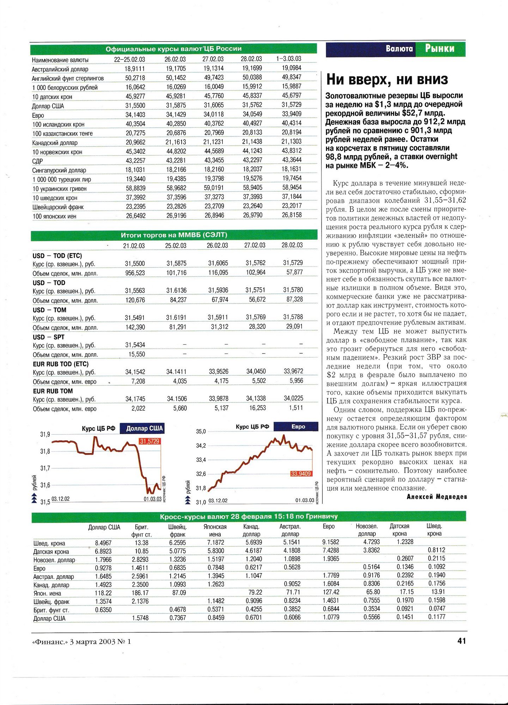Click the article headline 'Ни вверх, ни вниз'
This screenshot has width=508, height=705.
[x=387, y=80]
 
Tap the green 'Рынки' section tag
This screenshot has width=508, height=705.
[x=440, y=49]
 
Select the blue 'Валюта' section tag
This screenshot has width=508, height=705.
[x=399, y=49]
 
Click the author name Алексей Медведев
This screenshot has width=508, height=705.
[x=437, y=497]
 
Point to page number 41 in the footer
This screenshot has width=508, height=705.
[x=461, y=641]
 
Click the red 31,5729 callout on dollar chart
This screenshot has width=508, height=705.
[x=150, y=441]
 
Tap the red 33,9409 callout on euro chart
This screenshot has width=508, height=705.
[x=301, y=474]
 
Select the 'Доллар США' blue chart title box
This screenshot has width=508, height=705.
[x=144, y=428]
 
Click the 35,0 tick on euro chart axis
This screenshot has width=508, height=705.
[x=201, y=431]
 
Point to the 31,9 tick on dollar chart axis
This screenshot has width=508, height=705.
[x=45, y=435]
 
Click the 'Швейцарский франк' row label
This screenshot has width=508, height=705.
[x=58, y=207]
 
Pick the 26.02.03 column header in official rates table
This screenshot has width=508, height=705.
[x=175, y=59]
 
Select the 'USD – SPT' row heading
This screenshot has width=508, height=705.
[x=49, y=337]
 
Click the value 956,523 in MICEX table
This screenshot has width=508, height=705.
[x=135, y=273]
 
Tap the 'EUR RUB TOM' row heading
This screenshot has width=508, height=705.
[x=53, y=391]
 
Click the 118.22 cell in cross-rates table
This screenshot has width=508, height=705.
[x=103, y=593]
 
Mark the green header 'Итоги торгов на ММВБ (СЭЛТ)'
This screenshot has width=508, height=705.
[x=174, y=235]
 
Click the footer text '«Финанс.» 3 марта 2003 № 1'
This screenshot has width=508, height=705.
[x=81, y=642]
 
